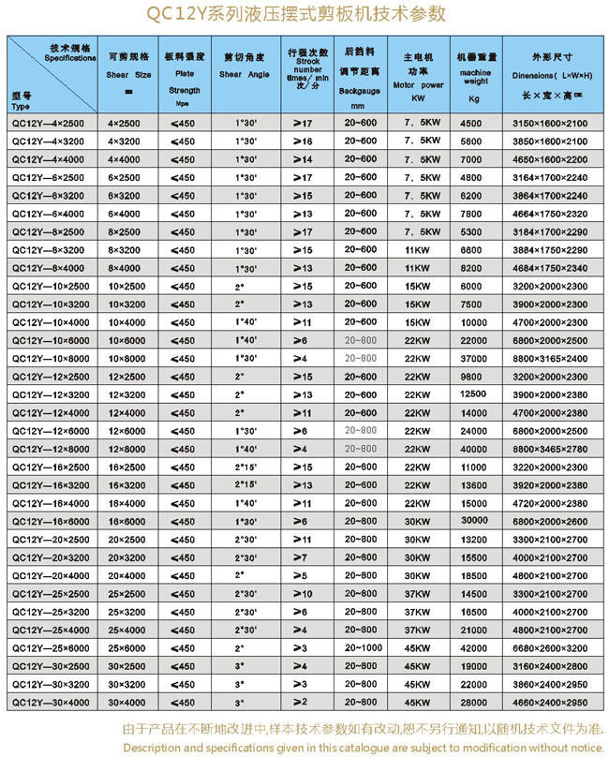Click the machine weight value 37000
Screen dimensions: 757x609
pos(475,359)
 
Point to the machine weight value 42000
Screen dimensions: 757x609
pos(475,648)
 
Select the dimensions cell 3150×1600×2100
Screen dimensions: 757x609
pos(551,123)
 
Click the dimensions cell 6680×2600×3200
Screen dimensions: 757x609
pos(551,648)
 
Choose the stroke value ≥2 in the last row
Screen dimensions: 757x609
pos(302,703)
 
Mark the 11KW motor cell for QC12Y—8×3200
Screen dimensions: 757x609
pos(412,250)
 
